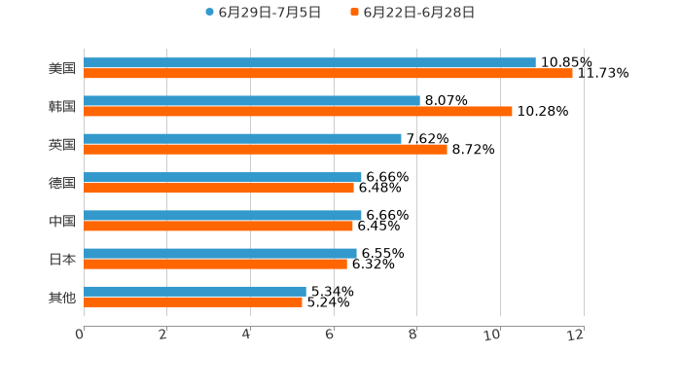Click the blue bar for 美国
pyautogui.click(x=309, y=62)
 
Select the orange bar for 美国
pyautogui.click(x=328, y=73)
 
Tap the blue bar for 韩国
pyautogui.click(x=252, y=100)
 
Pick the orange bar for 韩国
pyautogui.click(x=298, y=111)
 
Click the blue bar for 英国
pyautogui.click(x=242, y=138)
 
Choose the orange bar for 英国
pyautogui.click(x=266, y=149)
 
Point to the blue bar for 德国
pyautogui.click(x=223, y=177)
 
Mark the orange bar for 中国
pyautogui.click(x=218, y=226)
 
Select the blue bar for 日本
pyautogui.click(x=220, y=253)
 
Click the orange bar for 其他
pyautogui.click(x=193, y=301)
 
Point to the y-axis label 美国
pyautogui.click(x=62, y=68)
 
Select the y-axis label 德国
pyautogui.click(x=62, y=183)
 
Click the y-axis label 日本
pyautogui.click(x=62, y=259)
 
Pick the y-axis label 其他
pyautogui.click(x=62, y=297)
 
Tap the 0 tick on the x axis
pyautogui.click(x=80, y=335)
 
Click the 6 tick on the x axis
pyautogui.click(x=330, y=335)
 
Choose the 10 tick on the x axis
pyautogui.click(x=493, y=335)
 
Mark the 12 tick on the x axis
pyautogui.click(x=577, y=335)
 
